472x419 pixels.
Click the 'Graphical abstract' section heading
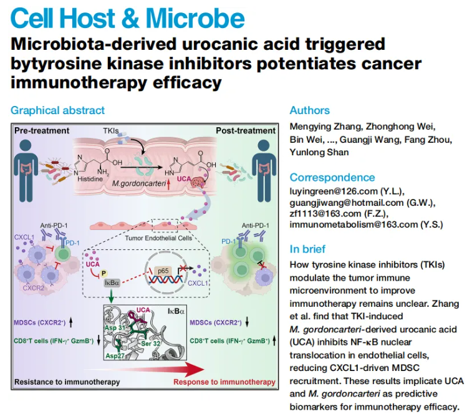point(57,110)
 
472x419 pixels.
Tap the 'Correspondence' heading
point(332,178)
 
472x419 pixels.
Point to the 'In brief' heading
point(307,249)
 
